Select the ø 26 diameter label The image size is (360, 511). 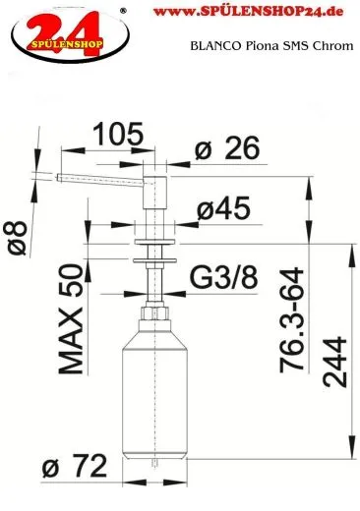coord(228,150)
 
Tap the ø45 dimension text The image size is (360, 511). coord(224,209)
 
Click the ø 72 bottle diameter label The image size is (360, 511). coord(75,469)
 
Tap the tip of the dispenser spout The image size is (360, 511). coord(59,178)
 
